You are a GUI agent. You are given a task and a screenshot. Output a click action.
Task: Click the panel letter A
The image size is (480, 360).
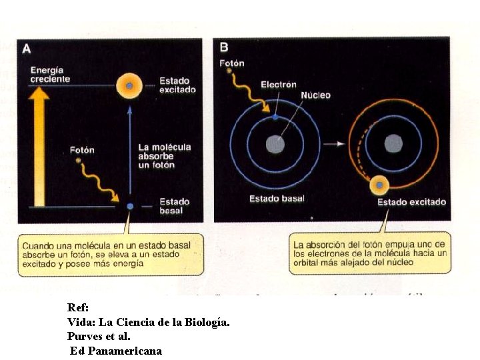(27, 48)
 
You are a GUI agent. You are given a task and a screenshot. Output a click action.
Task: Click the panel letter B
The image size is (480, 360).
(224, 47)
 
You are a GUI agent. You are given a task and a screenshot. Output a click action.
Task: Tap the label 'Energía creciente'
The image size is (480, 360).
(49, 75)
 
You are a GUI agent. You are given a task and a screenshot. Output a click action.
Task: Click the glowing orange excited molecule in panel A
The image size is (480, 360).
(129, 85)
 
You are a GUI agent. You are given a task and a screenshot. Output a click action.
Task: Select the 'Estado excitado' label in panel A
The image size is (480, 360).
(177, 85)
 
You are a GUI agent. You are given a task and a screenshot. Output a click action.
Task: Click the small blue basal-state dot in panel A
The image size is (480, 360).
(130, 206)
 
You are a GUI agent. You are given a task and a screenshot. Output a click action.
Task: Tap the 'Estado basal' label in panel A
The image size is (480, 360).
(174, 206)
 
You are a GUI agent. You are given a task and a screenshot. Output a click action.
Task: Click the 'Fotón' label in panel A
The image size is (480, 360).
(82, 150)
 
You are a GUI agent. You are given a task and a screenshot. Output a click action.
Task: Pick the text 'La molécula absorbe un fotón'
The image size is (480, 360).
(164, 155)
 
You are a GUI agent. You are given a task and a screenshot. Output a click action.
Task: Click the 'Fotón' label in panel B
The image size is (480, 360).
(232, 63)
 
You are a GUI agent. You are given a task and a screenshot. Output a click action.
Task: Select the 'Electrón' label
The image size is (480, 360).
(279, 85)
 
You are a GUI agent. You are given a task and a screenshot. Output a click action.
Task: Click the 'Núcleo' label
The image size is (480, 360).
(315, 95)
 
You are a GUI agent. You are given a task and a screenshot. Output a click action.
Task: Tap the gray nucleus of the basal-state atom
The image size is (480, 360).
(275, 143)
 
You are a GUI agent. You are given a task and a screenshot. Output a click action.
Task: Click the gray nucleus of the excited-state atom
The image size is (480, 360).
(393, 143)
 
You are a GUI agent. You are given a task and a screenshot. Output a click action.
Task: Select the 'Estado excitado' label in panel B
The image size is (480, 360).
(412, 202)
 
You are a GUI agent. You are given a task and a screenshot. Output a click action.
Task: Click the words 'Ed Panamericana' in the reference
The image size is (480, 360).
(116, 351)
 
